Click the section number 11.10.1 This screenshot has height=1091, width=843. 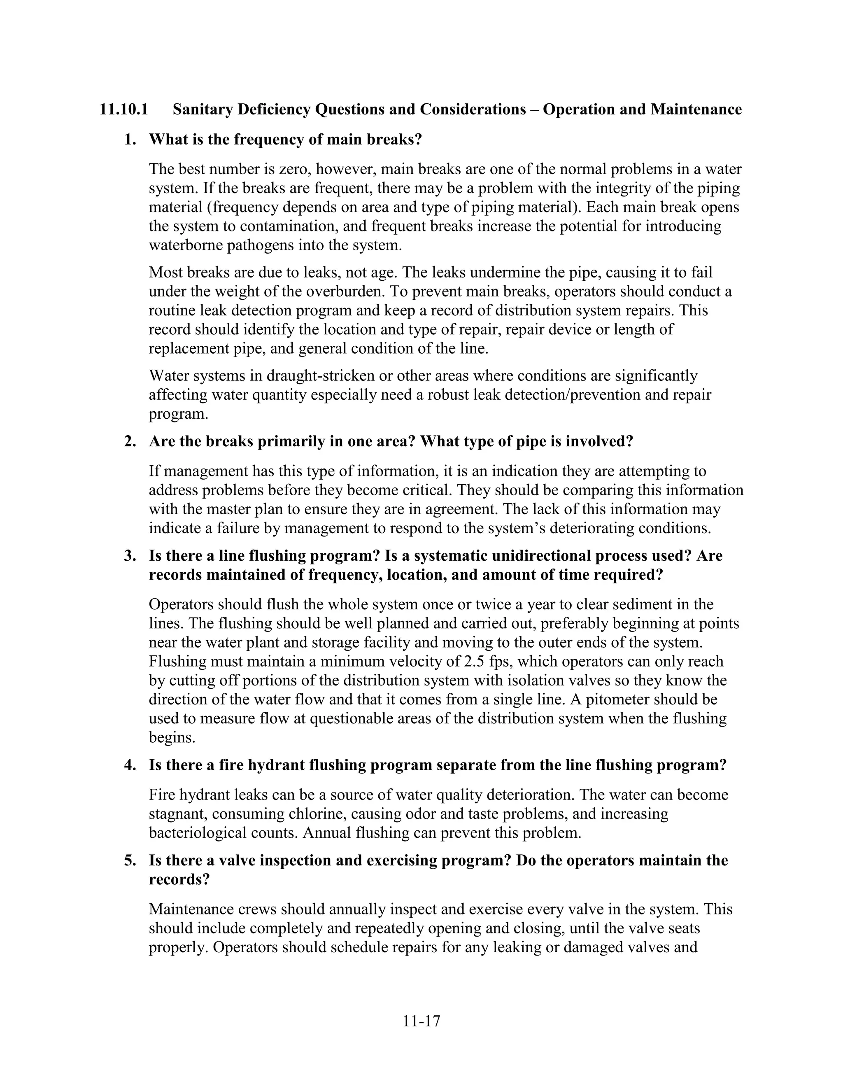click(123, 110)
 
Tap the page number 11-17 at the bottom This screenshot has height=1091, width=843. click(421, 1021)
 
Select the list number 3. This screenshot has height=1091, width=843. click(129, 556)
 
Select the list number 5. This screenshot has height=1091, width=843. click(129, 860)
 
